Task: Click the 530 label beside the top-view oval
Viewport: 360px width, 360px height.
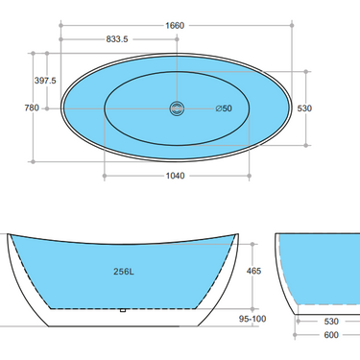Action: pyautogui.click(x=329, y=108)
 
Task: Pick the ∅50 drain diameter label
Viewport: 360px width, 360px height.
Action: pyautogui.click(x=223, y=108)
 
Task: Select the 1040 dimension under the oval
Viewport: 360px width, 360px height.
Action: pyautogui.click(x=174, y=177)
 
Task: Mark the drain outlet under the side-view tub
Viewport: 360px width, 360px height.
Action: pyautogui.click(x=122, y=311)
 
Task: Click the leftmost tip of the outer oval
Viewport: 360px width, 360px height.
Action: pyautogui.click(x=61, y=108)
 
